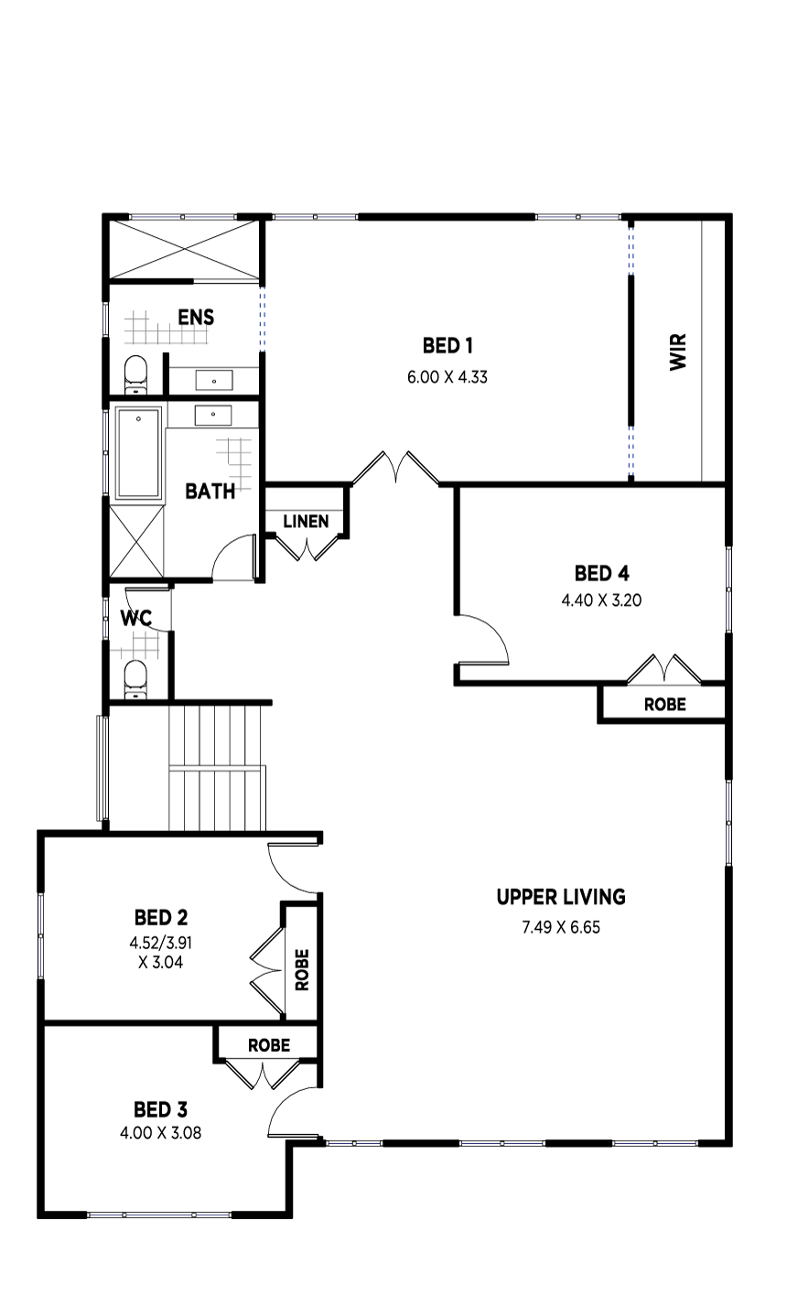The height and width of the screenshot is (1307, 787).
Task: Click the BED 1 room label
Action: (447, 346)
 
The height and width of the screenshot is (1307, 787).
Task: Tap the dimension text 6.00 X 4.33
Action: (447, 377)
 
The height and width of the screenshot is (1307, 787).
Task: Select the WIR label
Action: (678, 351)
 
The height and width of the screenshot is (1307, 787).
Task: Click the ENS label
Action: (196, 318)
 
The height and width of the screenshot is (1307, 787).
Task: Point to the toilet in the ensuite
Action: (135, 374)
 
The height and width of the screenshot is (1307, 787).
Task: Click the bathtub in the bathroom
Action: (138, 453)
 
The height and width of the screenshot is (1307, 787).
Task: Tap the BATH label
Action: (210, 491)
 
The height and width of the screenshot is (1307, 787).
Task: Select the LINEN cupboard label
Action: (306, 521)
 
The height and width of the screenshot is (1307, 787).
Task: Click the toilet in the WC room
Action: (136, 679)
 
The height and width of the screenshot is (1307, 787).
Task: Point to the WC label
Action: (136, 618)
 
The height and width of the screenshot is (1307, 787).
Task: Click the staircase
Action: (217, 768)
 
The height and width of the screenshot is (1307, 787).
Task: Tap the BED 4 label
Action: (601, 574)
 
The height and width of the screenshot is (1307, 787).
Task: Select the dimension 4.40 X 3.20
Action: (601, 599)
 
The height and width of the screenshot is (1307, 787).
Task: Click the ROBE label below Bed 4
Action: (664, 704)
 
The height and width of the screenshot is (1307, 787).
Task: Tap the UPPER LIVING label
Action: (561, 897)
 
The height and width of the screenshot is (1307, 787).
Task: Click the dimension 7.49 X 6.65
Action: (561, 927)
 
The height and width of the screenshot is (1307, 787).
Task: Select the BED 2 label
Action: (161, 918)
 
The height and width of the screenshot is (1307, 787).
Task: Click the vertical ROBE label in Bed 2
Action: (302, 970)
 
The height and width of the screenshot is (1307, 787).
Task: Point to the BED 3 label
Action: (160, 1109)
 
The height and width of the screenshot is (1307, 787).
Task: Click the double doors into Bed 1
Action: (395, 468)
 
